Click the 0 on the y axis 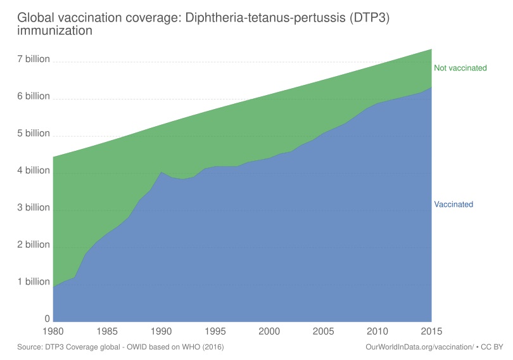pyautogui.click(x=46, y=319)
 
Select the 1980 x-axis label pyautogui.click(x=54, y=331)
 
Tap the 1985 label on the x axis pyautogui.click(x=108, y=331)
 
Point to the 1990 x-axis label pyautogui.click(x=161, y=331)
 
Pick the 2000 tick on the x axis pyautogui.click(x=270, y=331)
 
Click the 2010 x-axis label pyautogui.click(x=378, y=331)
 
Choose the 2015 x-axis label pyautogui.click(x=431, y=331)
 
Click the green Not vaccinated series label pyautogui.click(x=460, y=68)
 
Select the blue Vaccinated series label pyautogui.click(x=453, y=204)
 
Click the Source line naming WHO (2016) pyautogui.click(x=120, y=347)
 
